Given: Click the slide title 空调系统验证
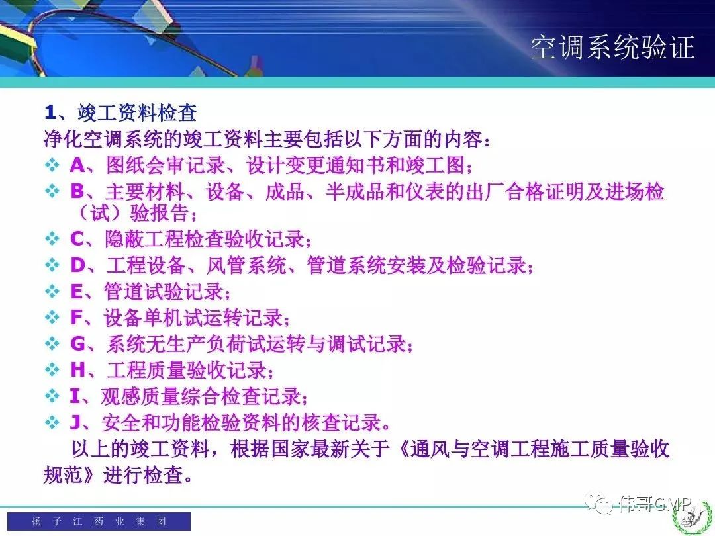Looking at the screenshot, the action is click(x=612, y=47).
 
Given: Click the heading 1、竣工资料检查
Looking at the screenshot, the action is click(x=120, y=112).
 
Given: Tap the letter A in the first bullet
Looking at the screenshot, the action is click(x=77, y=165).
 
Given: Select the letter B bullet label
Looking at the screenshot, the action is click(x=77, y=191).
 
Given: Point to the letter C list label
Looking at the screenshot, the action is click(x=77, y=239).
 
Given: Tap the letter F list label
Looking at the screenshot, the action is click(x=76, y=318).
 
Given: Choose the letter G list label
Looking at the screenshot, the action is click(x=77, y=343).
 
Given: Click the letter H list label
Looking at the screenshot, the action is click(x=77, y=370).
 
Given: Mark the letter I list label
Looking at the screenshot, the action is click(x=75, y=396).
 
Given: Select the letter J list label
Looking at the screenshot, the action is click(x=75, y=422).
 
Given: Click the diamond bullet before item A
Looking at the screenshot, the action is click(x=52, y=165).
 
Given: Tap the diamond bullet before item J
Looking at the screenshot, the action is click(x=52, y=422).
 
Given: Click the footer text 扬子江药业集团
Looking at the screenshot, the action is click(x=99, y=521).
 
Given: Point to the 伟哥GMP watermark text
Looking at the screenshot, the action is click(x=655, y=504).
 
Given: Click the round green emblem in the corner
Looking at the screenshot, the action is click(x=692, y=516).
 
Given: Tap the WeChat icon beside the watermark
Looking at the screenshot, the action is click(x=599, y=503).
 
